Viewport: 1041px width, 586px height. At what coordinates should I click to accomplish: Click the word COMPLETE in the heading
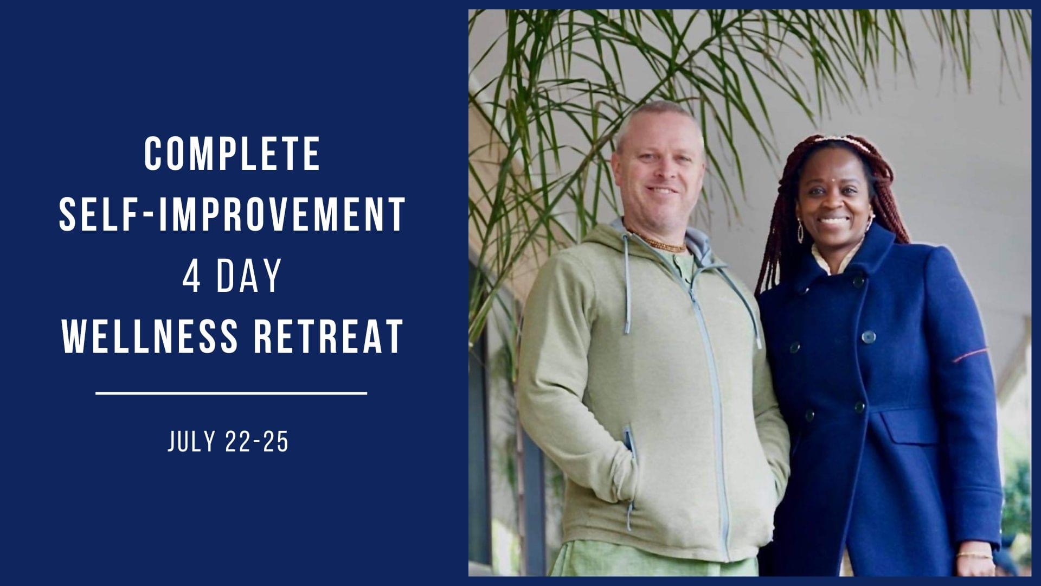[232, 154]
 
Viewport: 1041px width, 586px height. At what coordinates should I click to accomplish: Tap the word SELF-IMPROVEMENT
[232, 214]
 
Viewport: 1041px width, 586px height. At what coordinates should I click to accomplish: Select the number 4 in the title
[192, 275]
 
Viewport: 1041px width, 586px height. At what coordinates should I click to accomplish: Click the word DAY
[249, 275]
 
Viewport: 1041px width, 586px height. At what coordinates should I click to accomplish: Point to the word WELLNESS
[150, 336]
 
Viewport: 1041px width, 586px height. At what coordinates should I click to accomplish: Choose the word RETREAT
[329, 336]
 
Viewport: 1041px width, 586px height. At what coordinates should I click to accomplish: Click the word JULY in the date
[191, 442]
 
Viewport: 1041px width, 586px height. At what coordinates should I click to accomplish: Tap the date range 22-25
[256, 442]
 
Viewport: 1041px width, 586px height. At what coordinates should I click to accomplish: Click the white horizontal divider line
[232, 392]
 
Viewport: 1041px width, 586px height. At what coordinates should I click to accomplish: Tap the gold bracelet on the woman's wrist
[974, 555]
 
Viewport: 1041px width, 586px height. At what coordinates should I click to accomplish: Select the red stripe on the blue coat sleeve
[970, 355]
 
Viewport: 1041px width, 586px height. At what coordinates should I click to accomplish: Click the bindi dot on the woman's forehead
[832, 177]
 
